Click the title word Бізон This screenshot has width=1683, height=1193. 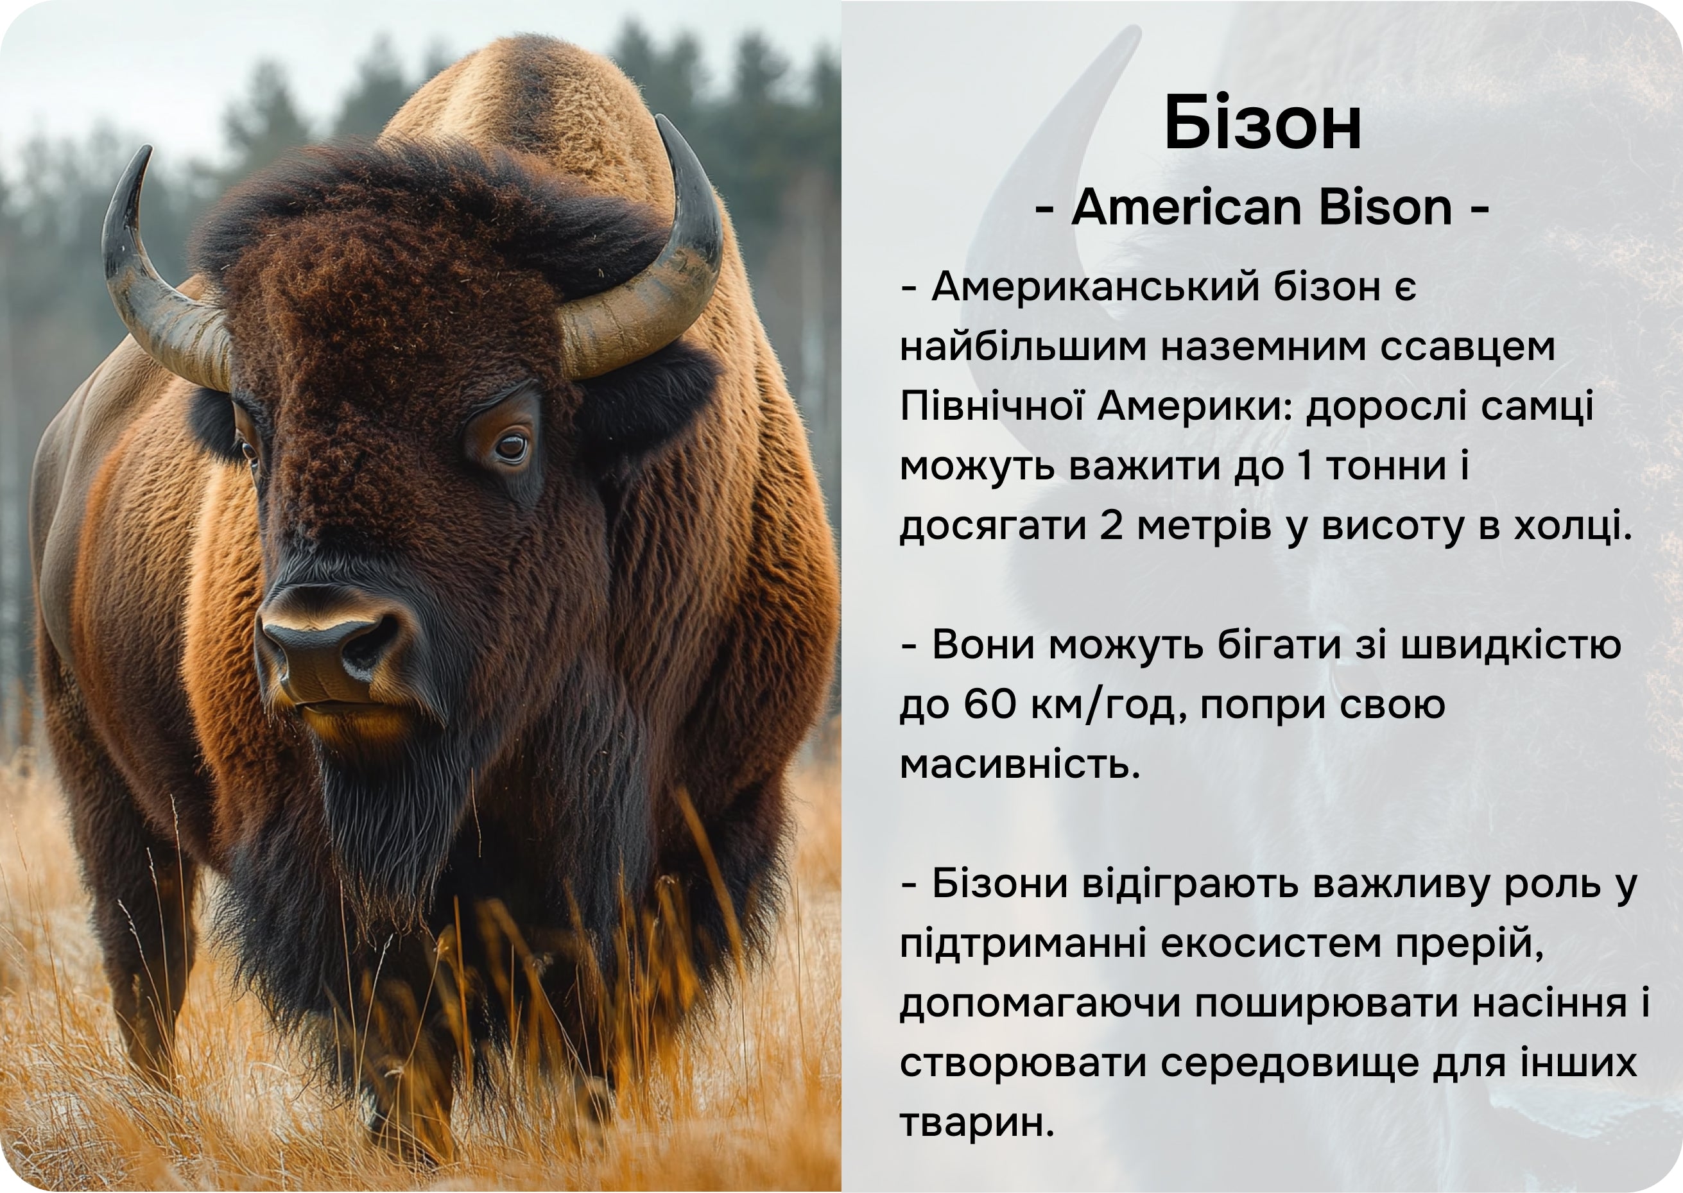1263,123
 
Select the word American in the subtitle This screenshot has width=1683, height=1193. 1189,207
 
